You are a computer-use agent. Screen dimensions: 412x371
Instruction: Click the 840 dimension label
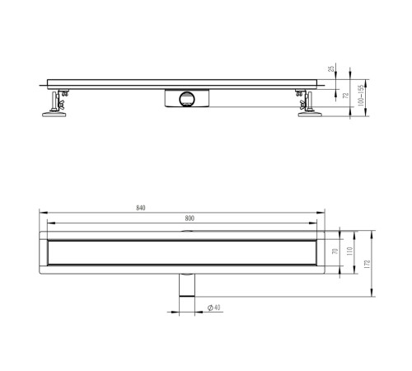[x=141, y=208]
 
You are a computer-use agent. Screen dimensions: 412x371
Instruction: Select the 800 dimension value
[x=190, y=218]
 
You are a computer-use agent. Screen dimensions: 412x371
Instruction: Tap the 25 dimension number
[x=332, y=68]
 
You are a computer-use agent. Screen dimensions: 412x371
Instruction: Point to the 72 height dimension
[x=346, y=96]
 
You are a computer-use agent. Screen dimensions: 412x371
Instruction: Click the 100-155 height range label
[x=361, y=96]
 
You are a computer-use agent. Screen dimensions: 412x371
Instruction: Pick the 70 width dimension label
[x=335, y=251]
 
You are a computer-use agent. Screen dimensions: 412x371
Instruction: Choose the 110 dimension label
[x=349, y=251]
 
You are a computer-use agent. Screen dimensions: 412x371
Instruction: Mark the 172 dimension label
[x=368, y=264]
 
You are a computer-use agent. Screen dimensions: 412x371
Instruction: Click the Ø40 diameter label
[x=214, y=308]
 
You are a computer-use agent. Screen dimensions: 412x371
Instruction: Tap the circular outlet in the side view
[x=187, y=99]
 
